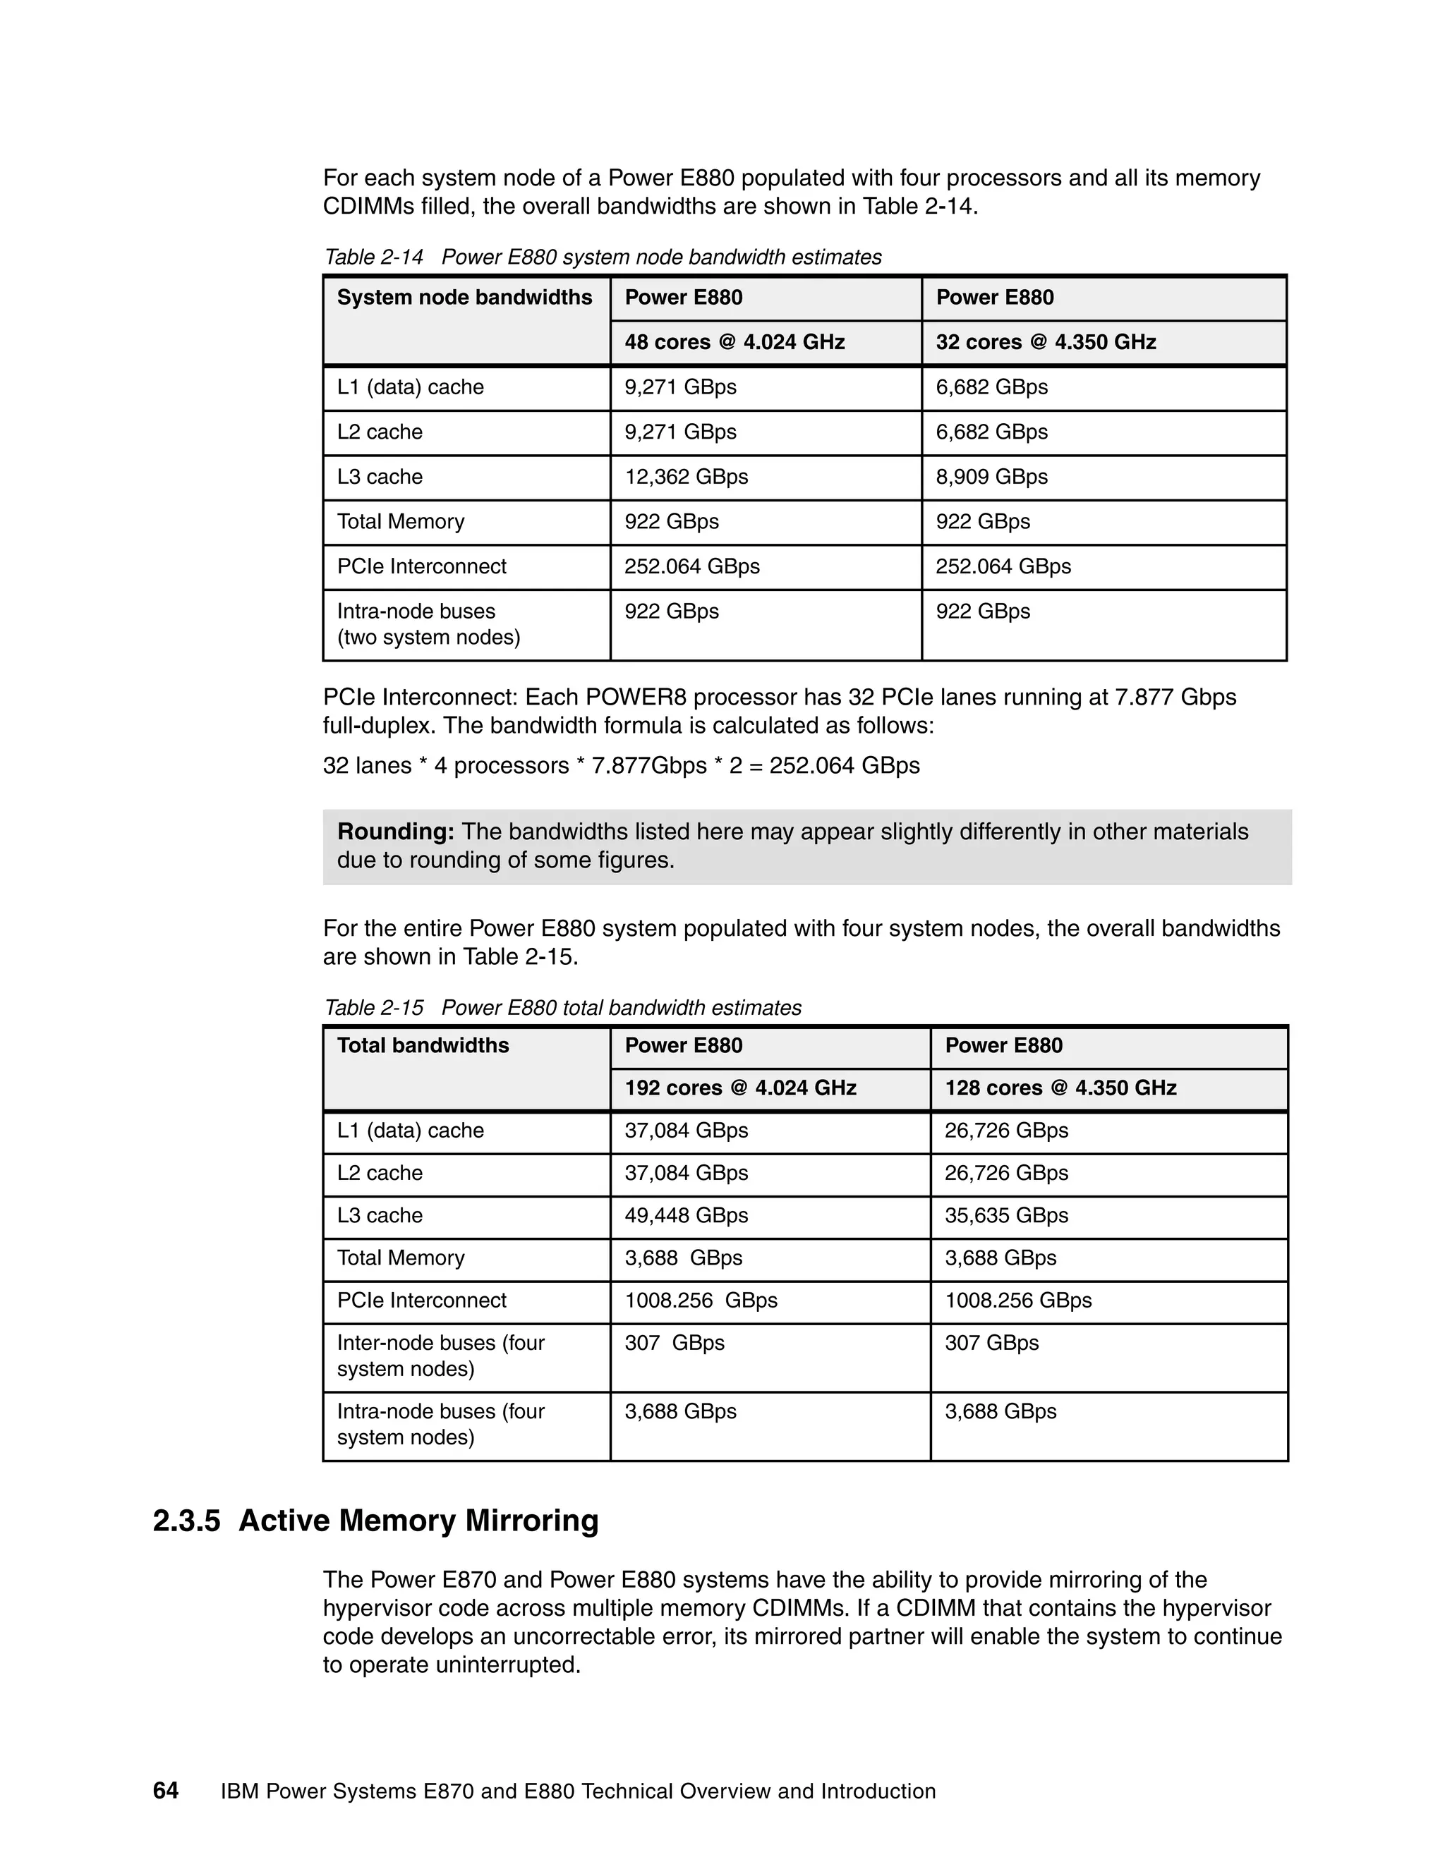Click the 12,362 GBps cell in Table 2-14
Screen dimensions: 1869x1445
[686, 477]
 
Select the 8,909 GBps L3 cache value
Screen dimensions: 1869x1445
[991, 477]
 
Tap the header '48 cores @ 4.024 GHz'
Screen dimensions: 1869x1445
[734, 342]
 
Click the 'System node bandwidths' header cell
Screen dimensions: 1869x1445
[464, 298]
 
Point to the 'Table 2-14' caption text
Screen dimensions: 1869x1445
[373, 257]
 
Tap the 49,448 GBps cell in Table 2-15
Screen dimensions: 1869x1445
[686, 1215]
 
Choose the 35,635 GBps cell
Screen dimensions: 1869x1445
[1006, 1215]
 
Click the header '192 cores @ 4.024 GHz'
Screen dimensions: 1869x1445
[739, 1088]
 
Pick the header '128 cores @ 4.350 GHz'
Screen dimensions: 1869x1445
[1060, 1088]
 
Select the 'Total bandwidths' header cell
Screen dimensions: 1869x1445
[423, 1046]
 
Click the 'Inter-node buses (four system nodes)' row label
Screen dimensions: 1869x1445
[440, 1356]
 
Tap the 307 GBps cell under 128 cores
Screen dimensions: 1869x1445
[991, 1343]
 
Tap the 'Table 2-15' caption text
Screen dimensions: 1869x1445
[373, 1008]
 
